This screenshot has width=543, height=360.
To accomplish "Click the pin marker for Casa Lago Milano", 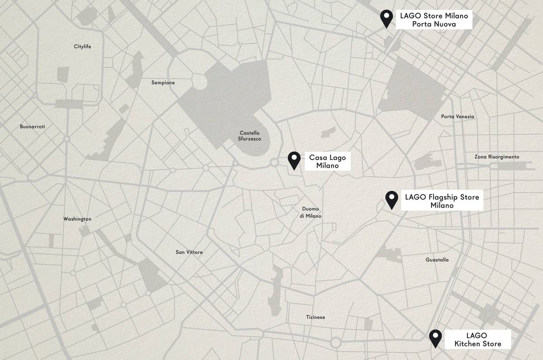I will click(294, 159).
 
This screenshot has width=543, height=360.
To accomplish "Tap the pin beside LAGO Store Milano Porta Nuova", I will click(386, 18).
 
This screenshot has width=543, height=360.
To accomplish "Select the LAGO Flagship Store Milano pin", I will click(391, 199).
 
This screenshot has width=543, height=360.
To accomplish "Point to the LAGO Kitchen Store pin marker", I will click(435, 337).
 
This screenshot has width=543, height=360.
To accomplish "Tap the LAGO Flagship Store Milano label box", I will click(442, 201).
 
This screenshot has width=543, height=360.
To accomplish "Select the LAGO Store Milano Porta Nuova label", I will click(433, 20).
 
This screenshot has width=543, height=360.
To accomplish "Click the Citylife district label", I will click(82, 47).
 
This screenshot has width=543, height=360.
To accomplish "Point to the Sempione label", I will click(163, 83).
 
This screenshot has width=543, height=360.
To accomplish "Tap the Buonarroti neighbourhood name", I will click(33, 127).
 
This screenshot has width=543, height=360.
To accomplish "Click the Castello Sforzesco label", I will click(249, 136).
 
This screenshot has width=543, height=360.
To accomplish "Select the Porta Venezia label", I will click(457, 117).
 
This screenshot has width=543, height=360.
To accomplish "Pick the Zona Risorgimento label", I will click(497, 157).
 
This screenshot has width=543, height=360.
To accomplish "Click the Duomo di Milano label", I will click(310, 213).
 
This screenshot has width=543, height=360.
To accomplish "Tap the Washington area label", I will click(77, 219).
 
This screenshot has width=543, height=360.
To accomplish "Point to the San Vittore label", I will click(189, 252).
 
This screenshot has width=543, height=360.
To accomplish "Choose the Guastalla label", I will click(437, 260).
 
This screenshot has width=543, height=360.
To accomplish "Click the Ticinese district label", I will click(315, 317).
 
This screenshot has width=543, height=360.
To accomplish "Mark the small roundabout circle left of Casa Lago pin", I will click(274, 163).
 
